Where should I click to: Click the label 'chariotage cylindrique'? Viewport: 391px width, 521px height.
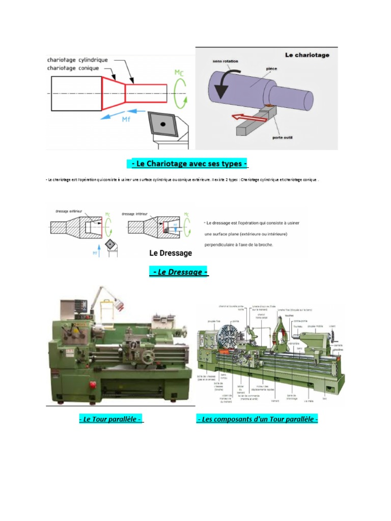point(77,60)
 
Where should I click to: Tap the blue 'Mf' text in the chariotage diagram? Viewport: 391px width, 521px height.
point(126,120)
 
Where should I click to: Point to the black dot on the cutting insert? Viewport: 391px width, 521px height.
point(162,124)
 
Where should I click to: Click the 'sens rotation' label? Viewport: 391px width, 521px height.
point(226,62)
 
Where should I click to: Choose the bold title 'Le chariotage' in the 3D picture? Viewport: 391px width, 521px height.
point(306,55)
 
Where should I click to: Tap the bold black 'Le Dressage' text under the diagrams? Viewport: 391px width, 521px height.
point(171,253)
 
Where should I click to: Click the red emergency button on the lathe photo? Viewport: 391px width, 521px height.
point(93,384)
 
